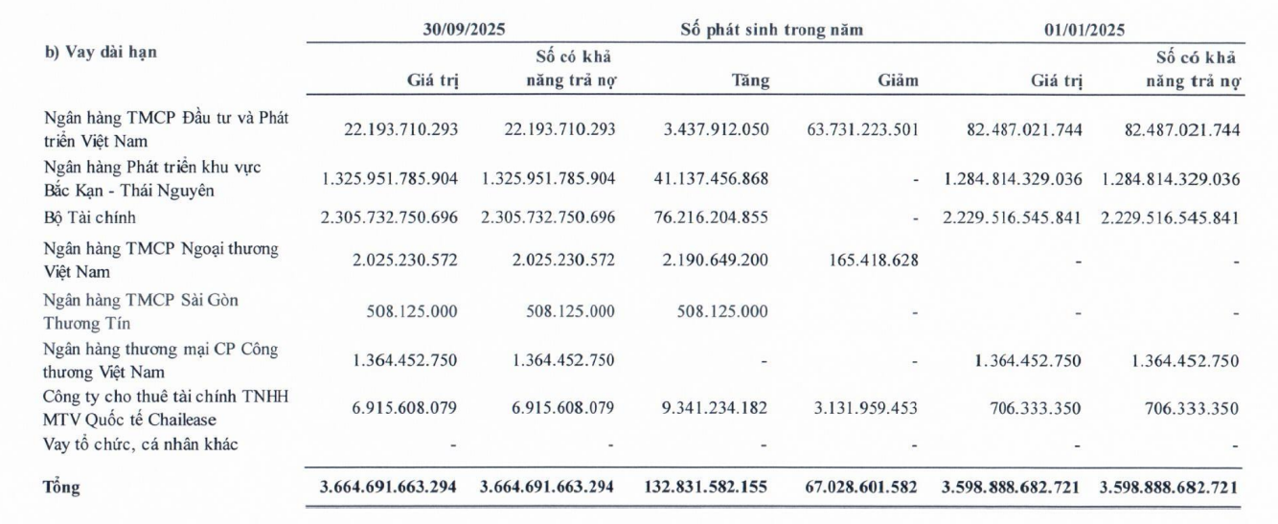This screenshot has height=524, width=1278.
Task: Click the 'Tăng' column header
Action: (x=749, y=81)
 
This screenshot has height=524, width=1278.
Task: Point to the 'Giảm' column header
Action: (x=898, y=81)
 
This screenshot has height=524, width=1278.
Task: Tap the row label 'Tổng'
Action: (x=63, y=488)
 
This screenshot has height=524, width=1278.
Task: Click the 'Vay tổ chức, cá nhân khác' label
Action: (x=141, y=444)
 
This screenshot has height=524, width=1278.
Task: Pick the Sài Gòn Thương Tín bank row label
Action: (x=140, y=308)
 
